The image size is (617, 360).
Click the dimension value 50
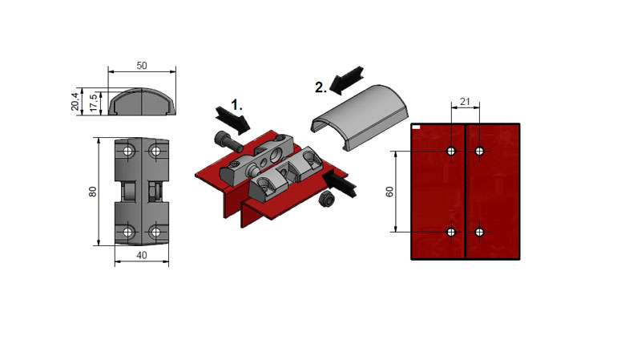pos(142,66)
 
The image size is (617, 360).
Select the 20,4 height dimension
pos(75,102)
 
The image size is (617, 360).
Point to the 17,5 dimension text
pos(94,102)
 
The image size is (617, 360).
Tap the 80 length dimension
pos(92,192)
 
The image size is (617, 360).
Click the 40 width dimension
pos(142,255)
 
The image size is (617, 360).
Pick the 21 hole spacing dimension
pos(465,102)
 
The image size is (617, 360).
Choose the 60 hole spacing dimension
pos(389,192)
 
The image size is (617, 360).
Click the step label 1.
pos(237,105)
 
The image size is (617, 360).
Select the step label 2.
pos(321,87)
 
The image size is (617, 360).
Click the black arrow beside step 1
pos(233,119)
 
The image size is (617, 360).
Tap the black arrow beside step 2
pos(346,80)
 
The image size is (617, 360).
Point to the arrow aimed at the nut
pos(340,184)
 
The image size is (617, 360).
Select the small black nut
pos(327,200)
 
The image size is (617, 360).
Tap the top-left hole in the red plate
pos(451,151)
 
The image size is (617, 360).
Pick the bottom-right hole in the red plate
pos(479,232)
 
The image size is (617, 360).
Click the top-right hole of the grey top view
pos(155,151)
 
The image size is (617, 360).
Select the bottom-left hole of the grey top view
pos(127,232)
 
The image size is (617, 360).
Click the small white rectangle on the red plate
pos(416,127)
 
